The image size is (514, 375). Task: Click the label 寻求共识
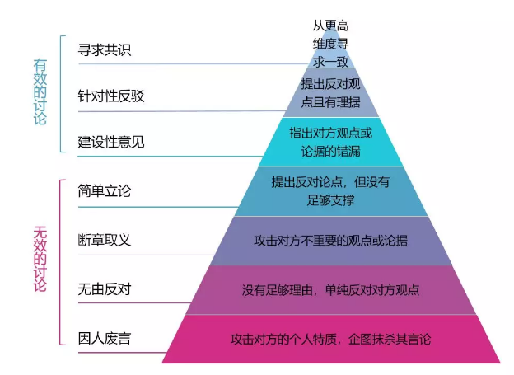point(105,50)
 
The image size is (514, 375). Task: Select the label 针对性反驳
point(111,96)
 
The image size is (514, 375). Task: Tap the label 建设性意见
point(111,142)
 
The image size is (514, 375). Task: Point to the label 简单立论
point(105,191)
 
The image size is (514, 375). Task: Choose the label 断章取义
point(105,240)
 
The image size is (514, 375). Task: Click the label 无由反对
point(105,289)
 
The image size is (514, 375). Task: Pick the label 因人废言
point(105,339)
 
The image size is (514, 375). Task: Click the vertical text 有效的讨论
point(40,92)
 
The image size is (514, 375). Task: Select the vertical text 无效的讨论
point(40,259)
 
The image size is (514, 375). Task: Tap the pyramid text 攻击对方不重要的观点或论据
point(331,241)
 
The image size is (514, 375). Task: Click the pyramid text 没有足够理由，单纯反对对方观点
point(331,290)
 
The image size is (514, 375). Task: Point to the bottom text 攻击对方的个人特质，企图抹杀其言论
point(331,340)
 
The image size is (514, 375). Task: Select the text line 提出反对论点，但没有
point(331,182)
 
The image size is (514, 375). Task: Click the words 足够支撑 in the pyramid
point(331,200)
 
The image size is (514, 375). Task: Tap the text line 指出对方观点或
point(331,134)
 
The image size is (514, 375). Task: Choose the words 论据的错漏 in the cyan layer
point(331,152)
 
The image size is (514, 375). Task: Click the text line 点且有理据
point(331,102)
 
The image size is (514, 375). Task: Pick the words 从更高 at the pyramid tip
point(331,26)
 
